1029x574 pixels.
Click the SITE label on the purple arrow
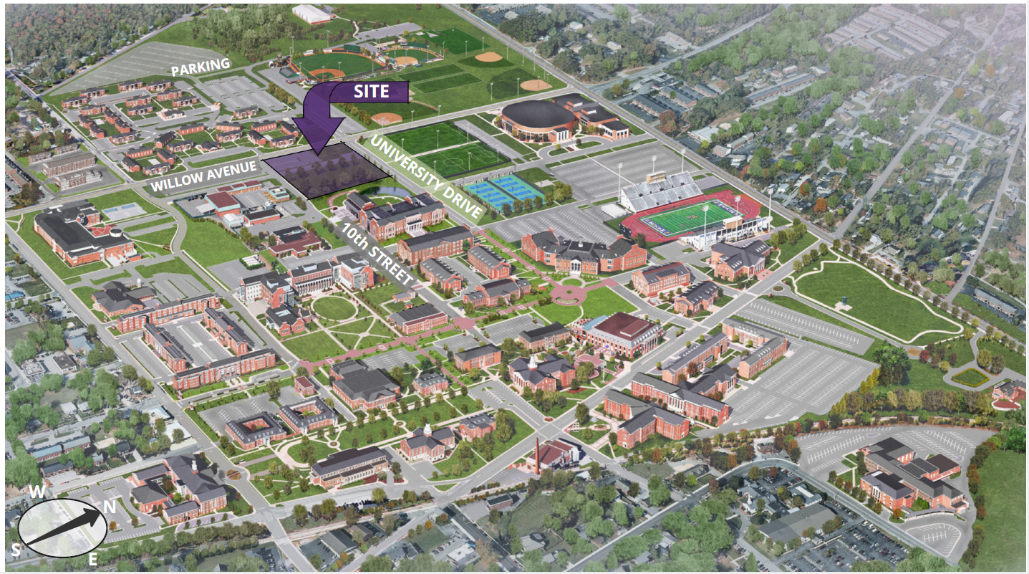click(x=371, y=91)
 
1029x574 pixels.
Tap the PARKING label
click(x=201, y=67)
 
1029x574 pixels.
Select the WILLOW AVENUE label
click(x=203, y=176)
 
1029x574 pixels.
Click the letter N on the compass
click(x=109, y=505)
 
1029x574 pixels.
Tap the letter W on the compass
click(x=34, y=492)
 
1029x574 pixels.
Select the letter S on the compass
click(x=16, y=550)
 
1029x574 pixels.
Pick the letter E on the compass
click(x=92, y=560)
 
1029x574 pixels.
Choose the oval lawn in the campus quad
click(x=334, y=308)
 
